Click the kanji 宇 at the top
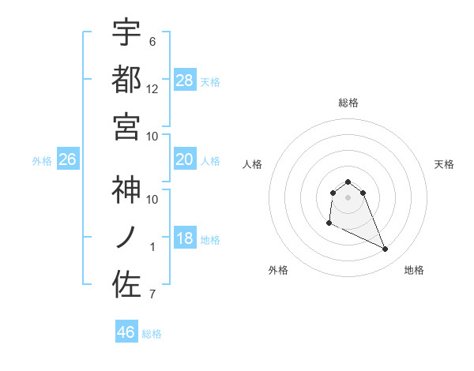coord(126,34)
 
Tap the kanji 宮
coord(126,126)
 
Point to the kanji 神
coord(126,190)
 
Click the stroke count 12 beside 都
coord(153,88)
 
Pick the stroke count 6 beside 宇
coord(152,41)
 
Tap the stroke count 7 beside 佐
coord(152,295)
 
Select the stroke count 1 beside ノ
coord(152,247)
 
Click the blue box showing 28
coord(185,81)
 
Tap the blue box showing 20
coord(185,160)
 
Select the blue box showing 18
coord(185,239)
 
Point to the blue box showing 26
coord(67,160)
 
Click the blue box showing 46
coord(126,332)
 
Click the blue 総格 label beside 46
coord(152,334)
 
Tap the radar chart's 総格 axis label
coord(348,103)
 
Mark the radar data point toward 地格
coord(386,249)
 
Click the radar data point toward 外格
coord(329,224)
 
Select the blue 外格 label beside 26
coord(42,161)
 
